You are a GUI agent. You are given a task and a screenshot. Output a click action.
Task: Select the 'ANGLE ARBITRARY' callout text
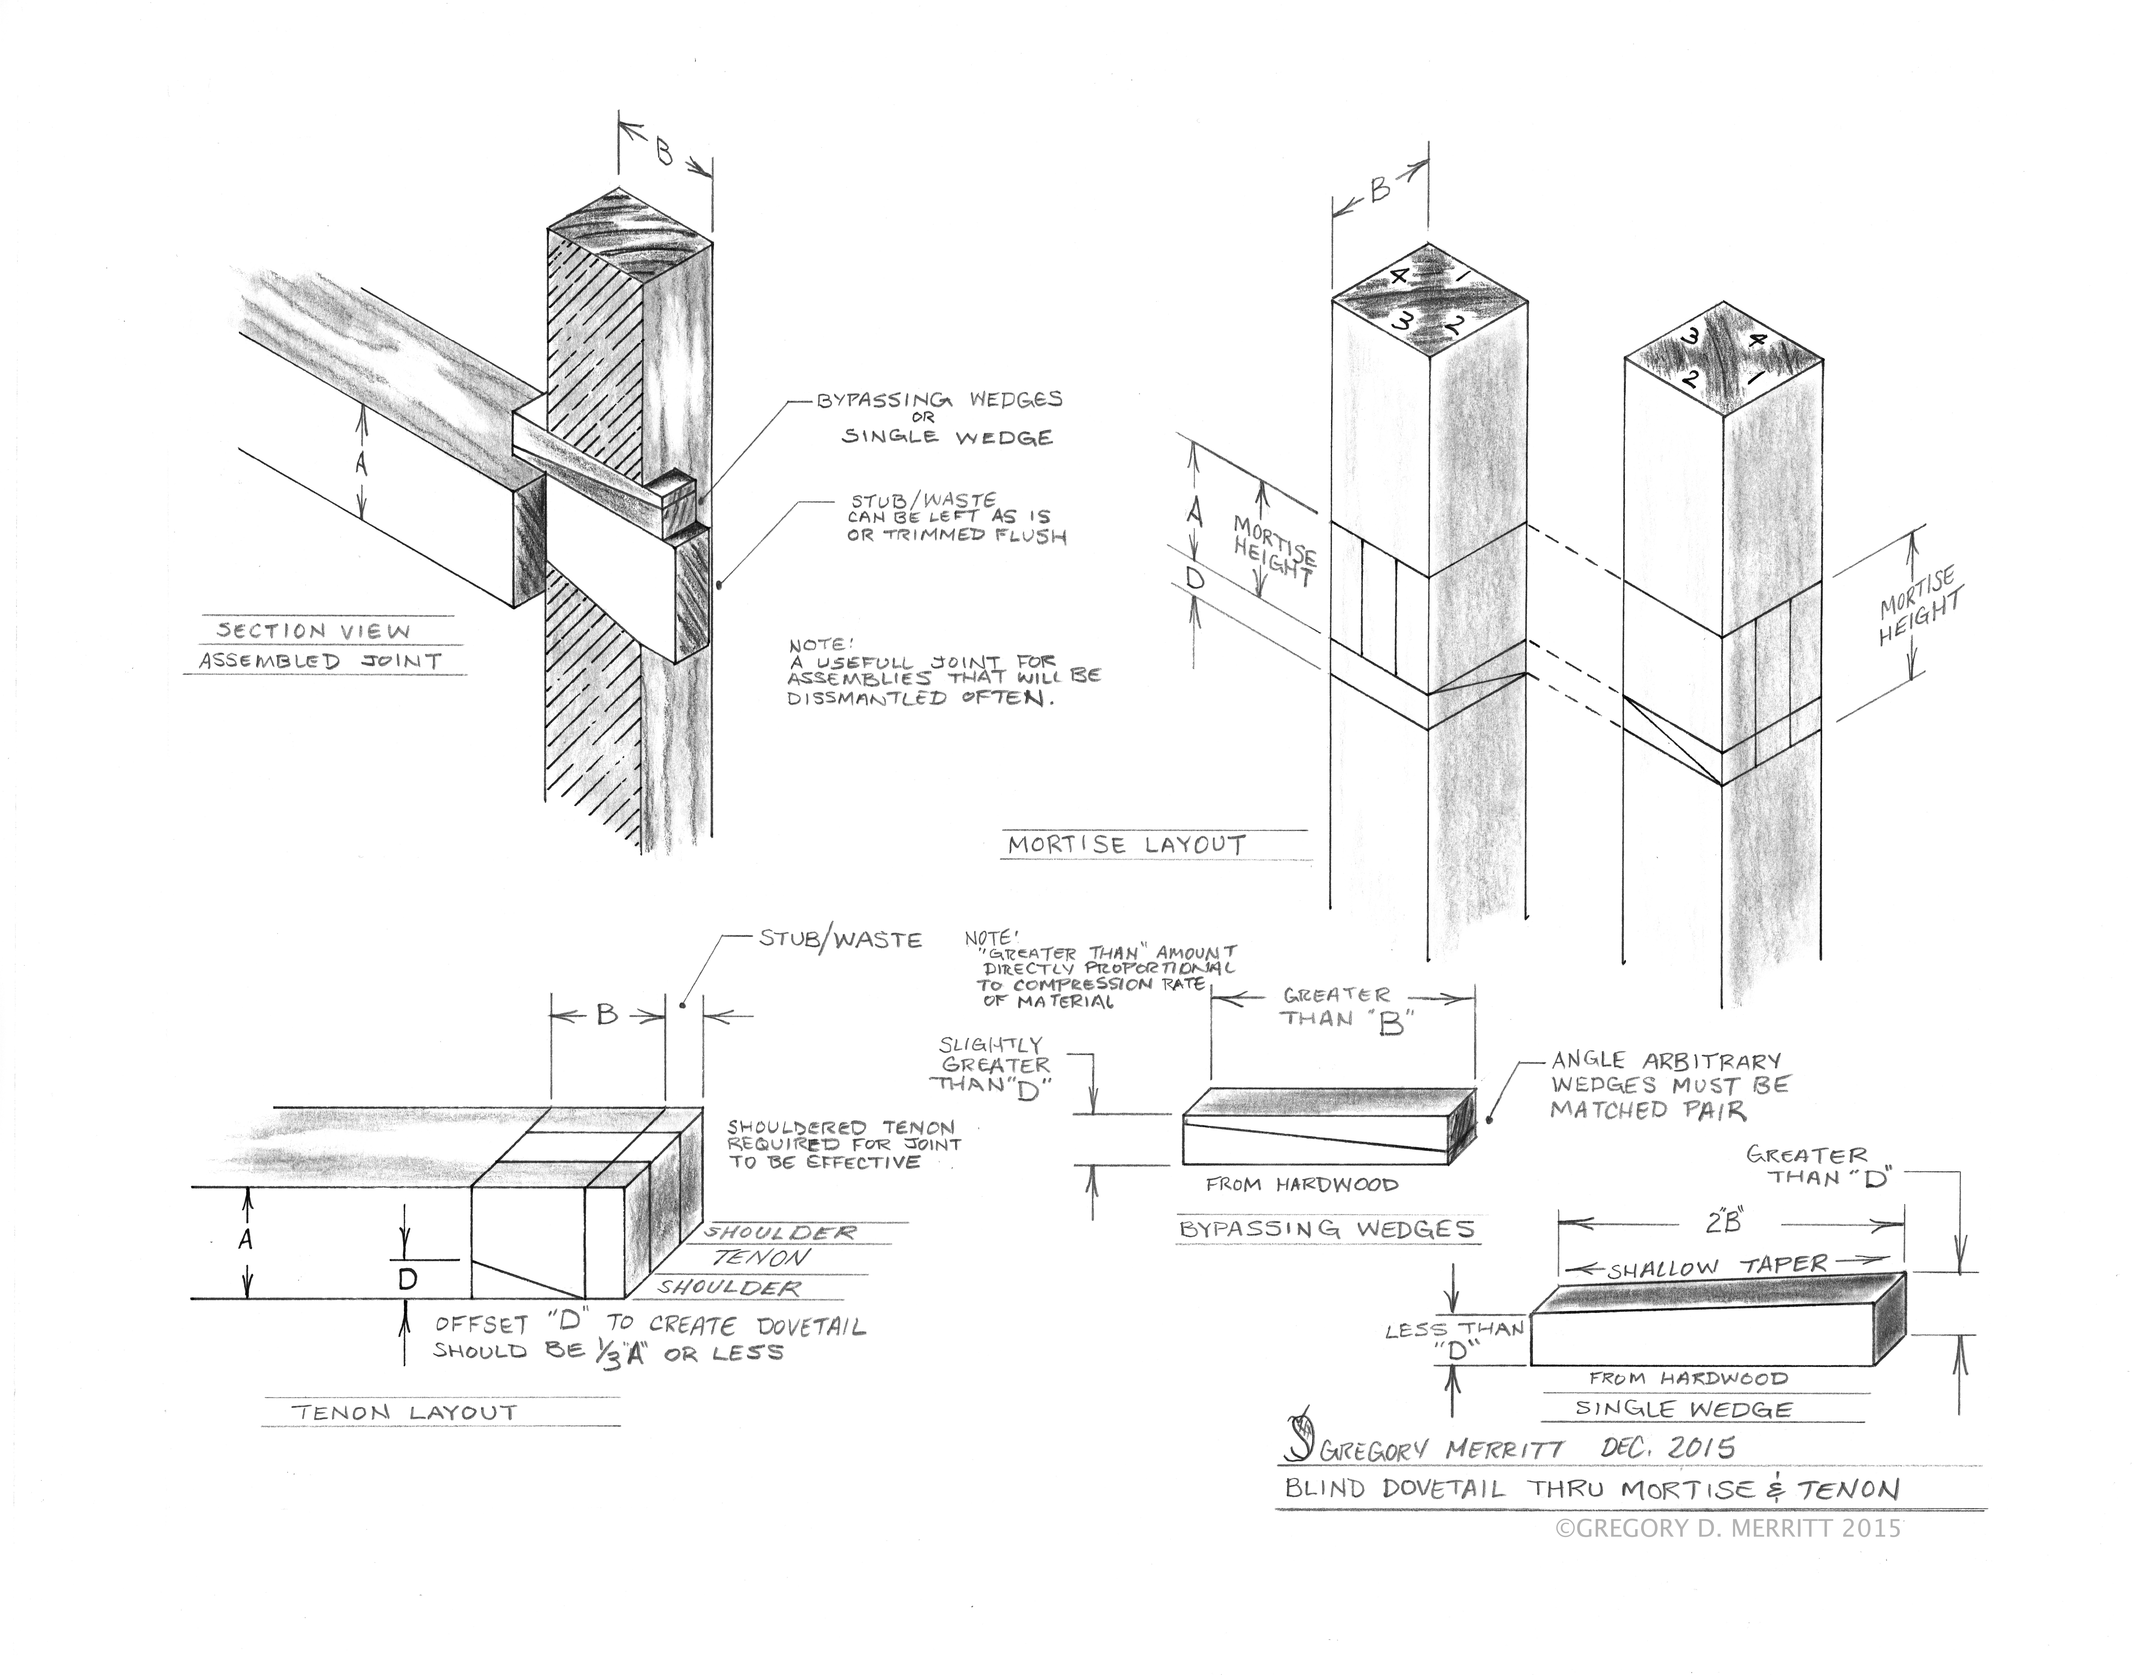[x=1665, y=1061]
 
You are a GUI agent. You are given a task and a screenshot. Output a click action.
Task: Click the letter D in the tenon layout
[x=408, y=1279]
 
